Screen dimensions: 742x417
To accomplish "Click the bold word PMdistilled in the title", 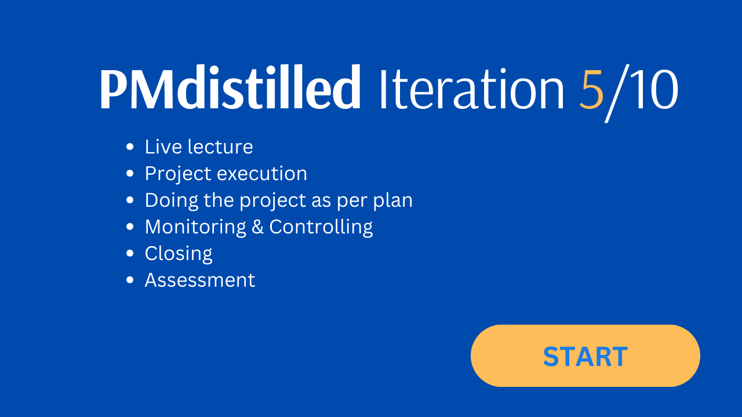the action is coord(230,87).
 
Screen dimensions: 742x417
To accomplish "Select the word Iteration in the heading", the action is coord(472,89).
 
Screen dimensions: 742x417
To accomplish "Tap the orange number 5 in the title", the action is coord(592,89).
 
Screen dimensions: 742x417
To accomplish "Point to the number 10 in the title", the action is coord(653,89).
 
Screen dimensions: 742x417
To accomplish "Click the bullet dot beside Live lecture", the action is coord(130,147).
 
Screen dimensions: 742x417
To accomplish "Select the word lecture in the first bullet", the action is coord(220,147).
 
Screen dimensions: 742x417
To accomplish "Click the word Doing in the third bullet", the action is coord(172,201).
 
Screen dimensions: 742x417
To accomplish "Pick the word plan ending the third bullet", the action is coord(393,201).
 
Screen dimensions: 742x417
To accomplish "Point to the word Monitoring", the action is coord(195,228).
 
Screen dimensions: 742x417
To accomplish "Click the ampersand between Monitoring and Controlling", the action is coord(257,227).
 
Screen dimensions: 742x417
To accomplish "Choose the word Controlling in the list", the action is coord(321,228).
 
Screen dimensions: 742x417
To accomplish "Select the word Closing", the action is coord(179,254).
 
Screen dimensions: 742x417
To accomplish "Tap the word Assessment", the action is coord(200,280).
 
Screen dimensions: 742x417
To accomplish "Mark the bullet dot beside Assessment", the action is coord(130,280).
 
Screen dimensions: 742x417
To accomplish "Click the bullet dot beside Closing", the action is coord(130,253).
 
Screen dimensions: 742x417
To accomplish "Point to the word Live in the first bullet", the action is coord(163,147).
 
